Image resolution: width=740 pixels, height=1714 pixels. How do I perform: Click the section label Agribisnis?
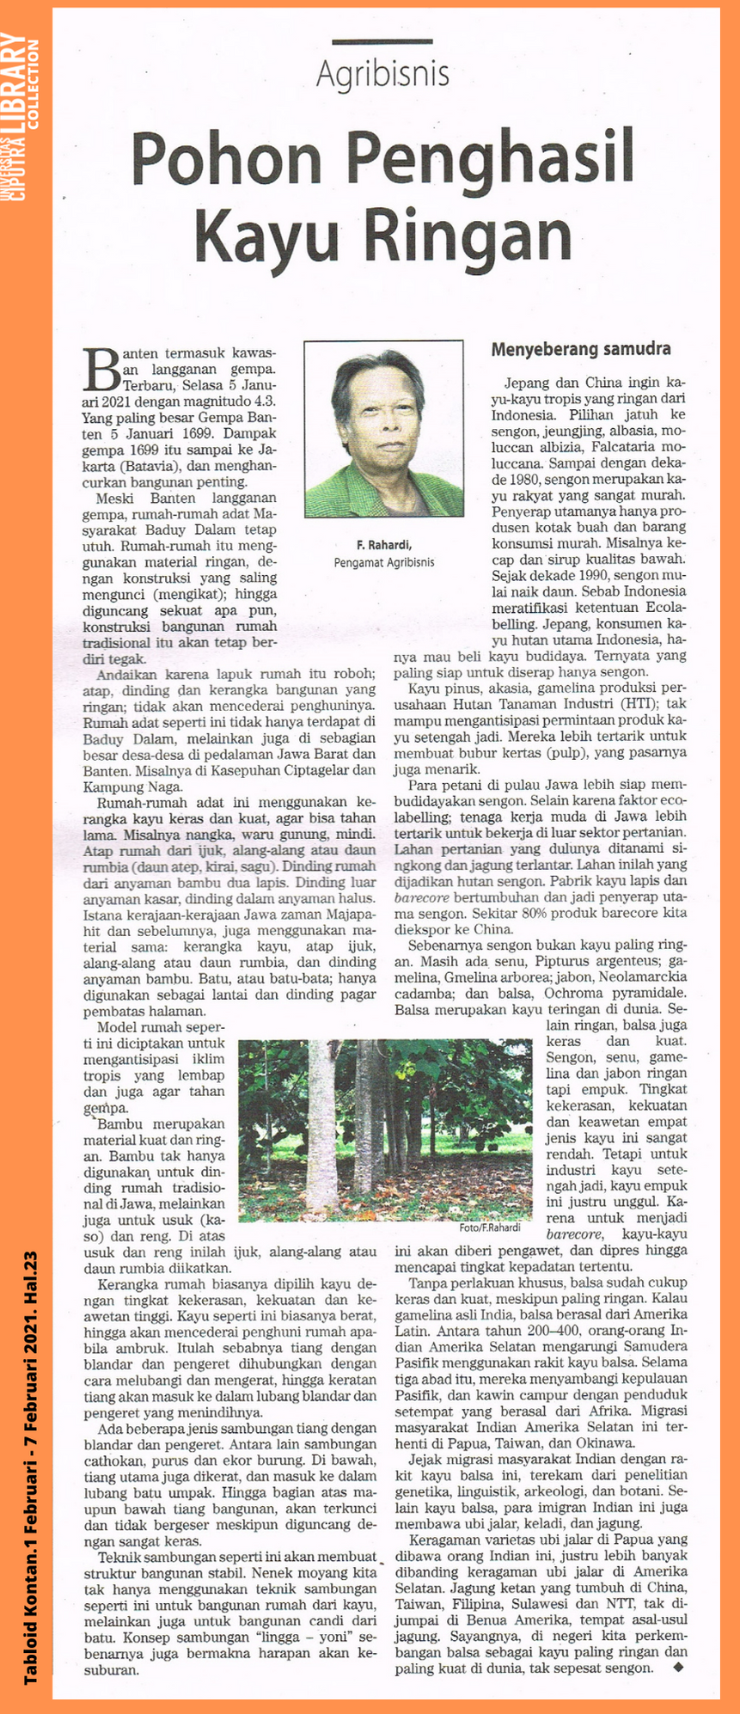point(382,75)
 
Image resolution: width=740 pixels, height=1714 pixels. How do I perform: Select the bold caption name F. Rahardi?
point(384,544)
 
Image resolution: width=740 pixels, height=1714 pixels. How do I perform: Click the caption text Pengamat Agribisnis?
point(383,561)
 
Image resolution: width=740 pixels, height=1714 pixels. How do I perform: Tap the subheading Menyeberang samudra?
point(580,350)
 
